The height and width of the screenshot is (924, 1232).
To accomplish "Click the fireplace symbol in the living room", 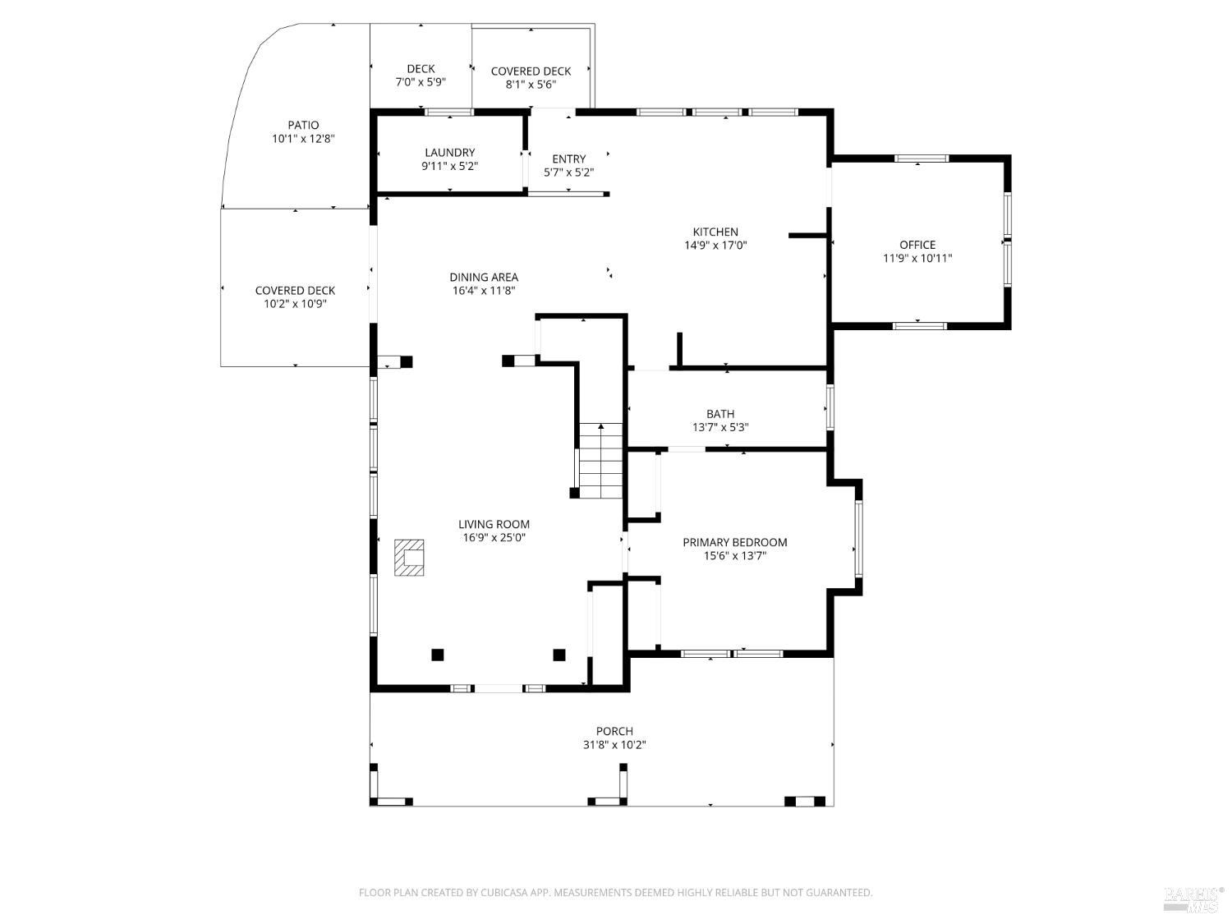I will (x=409, y=558).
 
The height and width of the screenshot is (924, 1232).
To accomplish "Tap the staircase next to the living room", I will (x=600, y=461).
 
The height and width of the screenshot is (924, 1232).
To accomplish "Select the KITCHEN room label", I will (x=715, y=232).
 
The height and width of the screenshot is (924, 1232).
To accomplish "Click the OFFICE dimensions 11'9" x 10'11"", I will (x=917, y=258).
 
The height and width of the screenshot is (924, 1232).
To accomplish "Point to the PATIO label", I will (x=303, y=126).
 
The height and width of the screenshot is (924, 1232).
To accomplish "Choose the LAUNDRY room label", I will (x=449, y=153).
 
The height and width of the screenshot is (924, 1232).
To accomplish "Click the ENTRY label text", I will (x=569, y=159).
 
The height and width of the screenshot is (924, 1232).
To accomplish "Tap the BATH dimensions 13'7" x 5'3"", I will (x=720, y=427).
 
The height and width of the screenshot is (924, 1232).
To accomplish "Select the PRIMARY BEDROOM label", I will (x=734, y=542).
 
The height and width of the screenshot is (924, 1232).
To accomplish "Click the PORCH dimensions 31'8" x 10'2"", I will (x=614, y=745).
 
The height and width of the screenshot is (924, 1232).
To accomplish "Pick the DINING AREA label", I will (x=483, y=278).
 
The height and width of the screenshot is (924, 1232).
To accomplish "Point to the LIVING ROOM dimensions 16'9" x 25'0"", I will (x=494, y=538).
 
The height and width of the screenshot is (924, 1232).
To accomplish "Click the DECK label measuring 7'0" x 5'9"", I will (x=421, y=69).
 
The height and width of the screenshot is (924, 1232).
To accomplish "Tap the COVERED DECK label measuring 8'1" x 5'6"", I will (x=531, y=71).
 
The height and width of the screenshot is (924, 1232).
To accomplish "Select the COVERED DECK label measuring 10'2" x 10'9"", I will (x=295, y=291).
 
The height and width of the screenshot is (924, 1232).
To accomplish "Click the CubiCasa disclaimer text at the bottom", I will (x=615, y=893).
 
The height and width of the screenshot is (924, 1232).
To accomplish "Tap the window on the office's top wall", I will (x=921, y=159).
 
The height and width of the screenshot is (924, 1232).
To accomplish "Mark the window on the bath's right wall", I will (x=830, y=407).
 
